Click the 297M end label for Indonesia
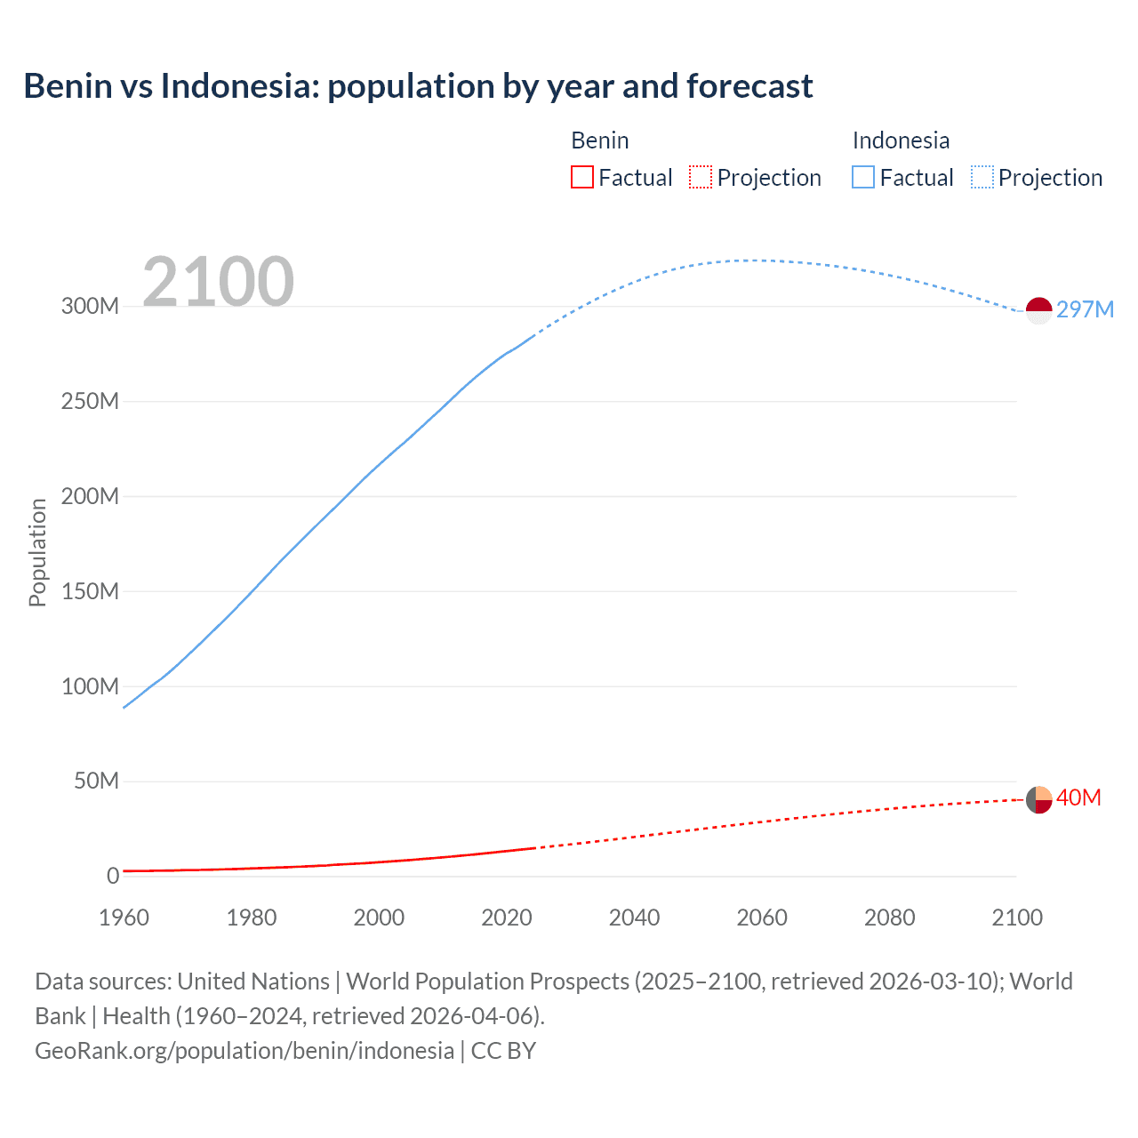(x=1085, y=309)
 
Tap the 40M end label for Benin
(x=1078, y=797)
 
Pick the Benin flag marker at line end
(x=1038, y=799)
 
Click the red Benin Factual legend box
(x=581, y=178)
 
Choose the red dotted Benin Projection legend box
(x=701, y=178)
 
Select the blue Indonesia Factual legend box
(x=863, y=178)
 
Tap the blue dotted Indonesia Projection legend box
(x=982, y=178)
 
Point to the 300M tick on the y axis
(x=90, y=306)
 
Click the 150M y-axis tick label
(x=90, y=591)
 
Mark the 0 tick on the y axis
(x=112, y=876)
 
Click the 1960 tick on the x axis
(x=124, y=918)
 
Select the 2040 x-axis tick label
(x=634, y=918)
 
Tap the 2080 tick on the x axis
(x=889, y=918)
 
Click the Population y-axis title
(x=37, y=552)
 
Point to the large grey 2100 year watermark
(x=218, y=282)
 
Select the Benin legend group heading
(x=599, y=140)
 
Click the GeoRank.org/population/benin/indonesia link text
(x=244, y=1050)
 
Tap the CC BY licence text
(x=503, y=1050)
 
